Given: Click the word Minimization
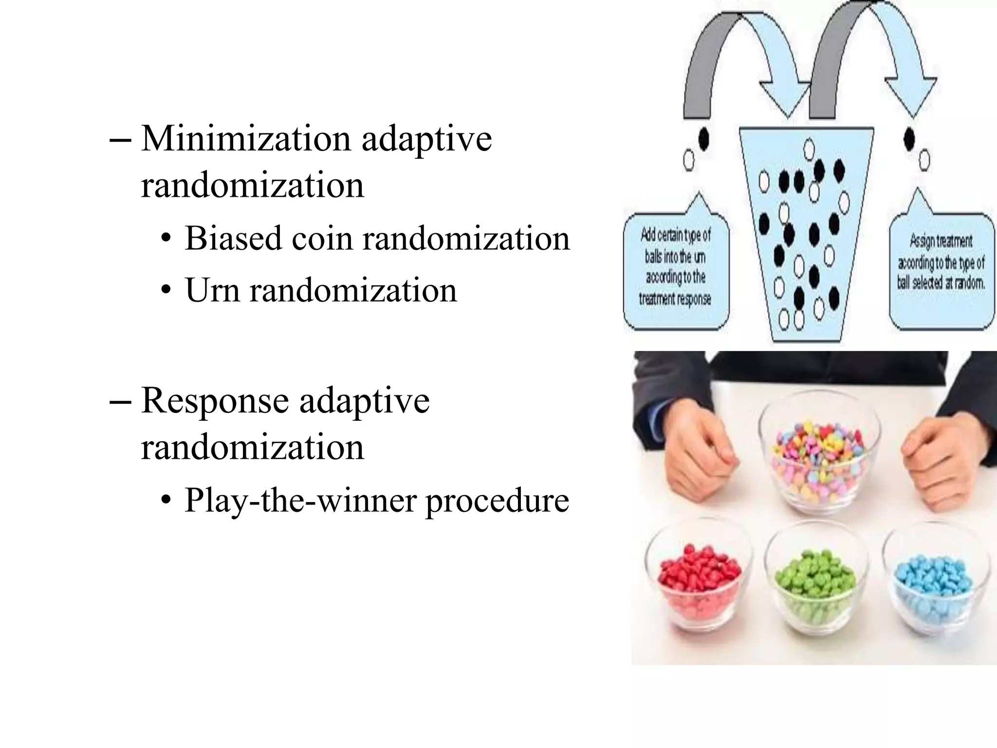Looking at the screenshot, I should (246, 139).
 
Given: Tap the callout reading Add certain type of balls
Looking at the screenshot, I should (676, 268).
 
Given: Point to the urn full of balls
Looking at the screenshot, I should (806, 234).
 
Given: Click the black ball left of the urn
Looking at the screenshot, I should (703, 139).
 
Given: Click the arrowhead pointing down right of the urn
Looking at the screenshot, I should (910, 97).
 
